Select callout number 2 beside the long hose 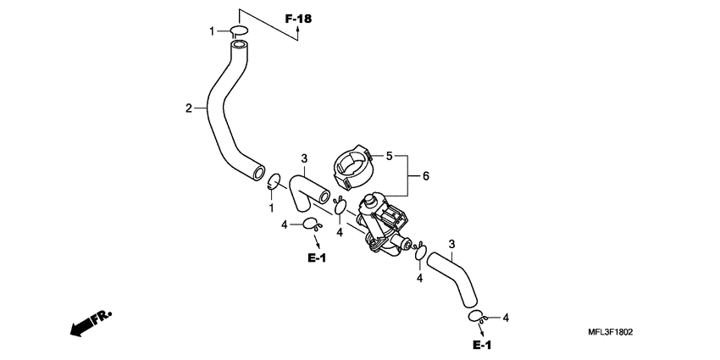[x=189, y=108]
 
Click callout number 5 [x=390, y=156]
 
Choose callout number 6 [x=426, y=176]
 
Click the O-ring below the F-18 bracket [x=240, y=32]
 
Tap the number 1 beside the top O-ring [x=213, y=32]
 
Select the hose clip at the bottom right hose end [x=477, y=317]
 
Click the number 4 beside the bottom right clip [x=506, y=318]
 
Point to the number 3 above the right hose [x=451, y=244]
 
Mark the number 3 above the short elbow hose [x=304, y=158]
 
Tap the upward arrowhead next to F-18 [x=298, y=34]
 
